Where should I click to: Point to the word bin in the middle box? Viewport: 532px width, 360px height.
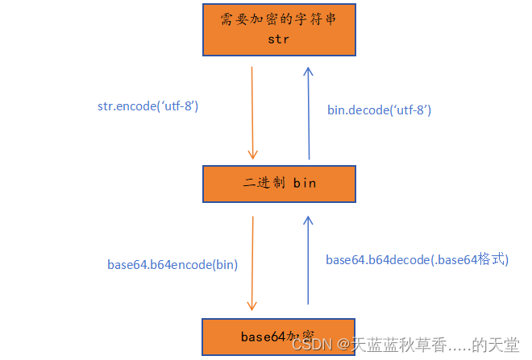click(x=304, y=183)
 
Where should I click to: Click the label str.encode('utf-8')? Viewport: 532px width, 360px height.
click(x=147, y=106)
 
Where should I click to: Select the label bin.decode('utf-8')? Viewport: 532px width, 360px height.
click(x=379, y=110)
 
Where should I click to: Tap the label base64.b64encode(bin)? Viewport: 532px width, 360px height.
click(x=172, y=263)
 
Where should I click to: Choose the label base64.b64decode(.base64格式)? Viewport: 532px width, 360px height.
click(x=417, y=259)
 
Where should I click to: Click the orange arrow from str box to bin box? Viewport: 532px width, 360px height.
click(x=253, y=113)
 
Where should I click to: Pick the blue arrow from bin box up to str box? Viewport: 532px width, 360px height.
click(x=308, y=113)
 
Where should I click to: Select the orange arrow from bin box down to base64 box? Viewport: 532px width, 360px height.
click(x=253, y=263)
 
